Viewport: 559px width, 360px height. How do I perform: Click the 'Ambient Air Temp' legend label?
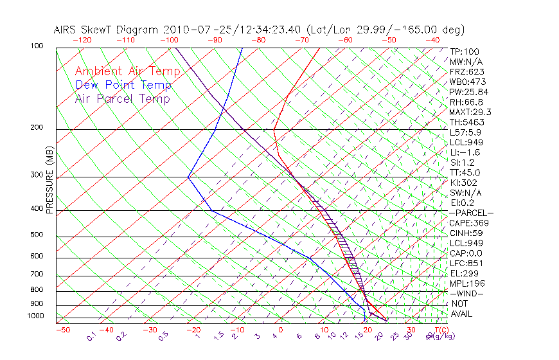[x=127, y=71]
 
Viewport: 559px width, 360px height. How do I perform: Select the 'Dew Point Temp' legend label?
[x=123, y=85]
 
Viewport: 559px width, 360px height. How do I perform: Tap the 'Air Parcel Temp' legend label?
[x=123, y=98]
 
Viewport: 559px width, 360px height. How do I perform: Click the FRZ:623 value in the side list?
[x=465, y=72]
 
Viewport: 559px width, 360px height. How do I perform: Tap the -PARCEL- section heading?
[x=471, y=213]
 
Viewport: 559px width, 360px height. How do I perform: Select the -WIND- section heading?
[x=466, y=293]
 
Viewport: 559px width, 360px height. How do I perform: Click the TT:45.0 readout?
[x=465, y=172]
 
